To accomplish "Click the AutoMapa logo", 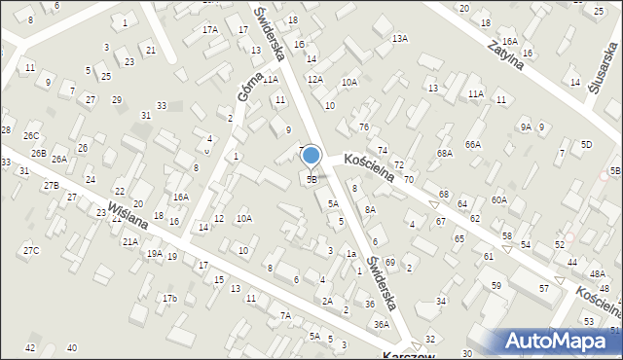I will click(561, 341).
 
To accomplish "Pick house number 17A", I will click(210, 30).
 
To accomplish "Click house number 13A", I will click(399, 38).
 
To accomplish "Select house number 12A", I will click(314, 80).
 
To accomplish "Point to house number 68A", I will click(445, 154).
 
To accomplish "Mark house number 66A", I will click(473, 144).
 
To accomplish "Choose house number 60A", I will click(498, 199).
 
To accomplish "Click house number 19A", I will click(154, 254).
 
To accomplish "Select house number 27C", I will click(31, 251).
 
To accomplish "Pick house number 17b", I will click(169, 298).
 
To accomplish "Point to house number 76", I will click(363, 127).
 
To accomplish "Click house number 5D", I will click(586, 144).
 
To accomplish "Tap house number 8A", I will click(370, 209).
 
